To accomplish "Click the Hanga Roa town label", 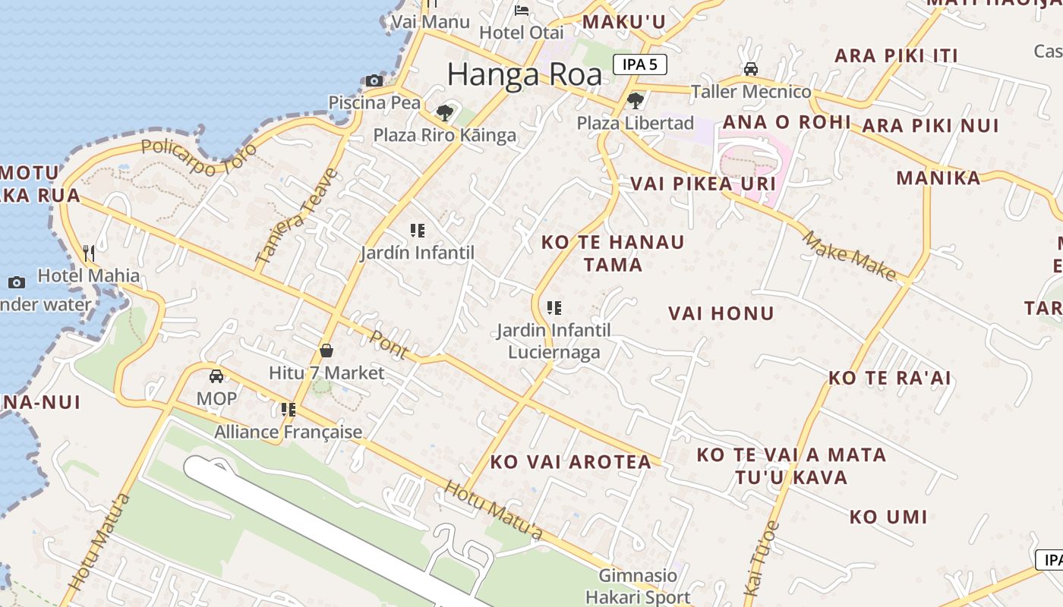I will tap(524, 74).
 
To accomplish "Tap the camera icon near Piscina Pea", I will tap(374, 80).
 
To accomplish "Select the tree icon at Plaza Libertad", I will tap(636, 100).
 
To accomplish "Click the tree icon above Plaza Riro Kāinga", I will tap(445, 113).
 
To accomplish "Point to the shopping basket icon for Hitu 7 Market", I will tap(326, 351).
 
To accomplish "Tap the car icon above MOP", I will tap(216, 376).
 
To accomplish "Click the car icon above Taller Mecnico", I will tap(750, 69).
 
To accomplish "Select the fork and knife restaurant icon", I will tap(90, 253).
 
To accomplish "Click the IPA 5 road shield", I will tap(639, 64).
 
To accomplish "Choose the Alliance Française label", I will tap(289, 432).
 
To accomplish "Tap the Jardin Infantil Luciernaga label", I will tap(554, 341).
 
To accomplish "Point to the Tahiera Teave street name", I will tap(298, 216).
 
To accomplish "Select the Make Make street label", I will tap(849, 256).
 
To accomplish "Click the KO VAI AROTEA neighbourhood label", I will tap(570, 461).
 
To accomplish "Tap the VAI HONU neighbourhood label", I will tap(721, 313).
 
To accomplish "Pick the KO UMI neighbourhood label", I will tap(888, 517).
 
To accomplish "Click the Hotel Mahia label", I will tap(89, 275).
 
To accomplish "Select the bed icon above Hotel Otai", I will tap(522, 10).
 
